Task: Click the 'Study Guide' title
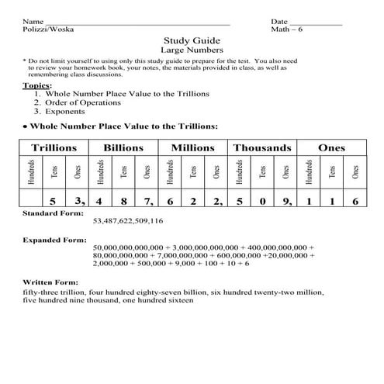coord(192,40)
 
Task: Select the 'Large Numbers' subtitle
coord(192,50)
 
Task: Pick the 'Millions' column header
coord(192,147)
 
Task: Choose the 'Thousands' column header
coord(262,147)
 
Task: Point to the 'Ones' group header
coord(331,147)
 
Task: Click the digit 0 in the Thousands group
coord(263,200)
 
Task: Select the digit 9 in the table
coord(285,200)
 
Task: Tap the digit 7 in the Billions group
coord(146,200)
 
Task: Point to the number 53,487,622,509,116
coord(127,221)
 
